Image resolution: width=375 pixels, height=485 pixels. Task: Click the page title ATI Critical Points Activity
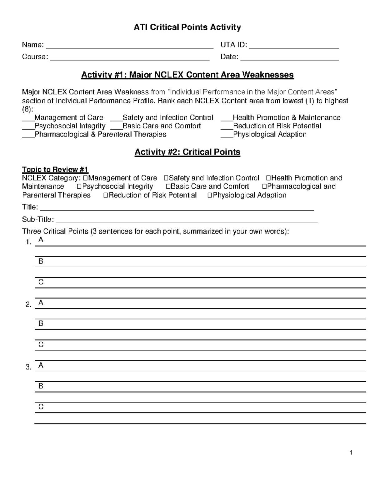[x=187, y=27]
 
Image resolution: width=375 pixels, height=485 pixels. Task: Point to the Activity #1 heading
[x=187, y=75]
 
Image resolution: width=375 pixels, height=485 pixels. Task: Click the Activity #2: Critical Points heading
[x=187, y=152]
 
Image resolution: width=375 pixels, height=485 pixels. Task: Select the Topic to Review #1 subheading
[x=55, y=170]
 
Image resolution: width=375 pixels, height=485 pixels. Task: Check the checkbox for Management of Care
[x=86, y=178]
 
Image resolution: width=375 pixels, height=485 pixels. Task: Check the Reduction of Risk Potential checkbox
[x=105, y=195]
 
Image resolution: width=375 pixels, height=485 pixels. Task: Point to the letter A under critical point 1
[x=41, y=240]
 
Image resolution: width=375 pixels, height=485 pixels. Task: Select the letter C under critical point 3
[x=41, y=407]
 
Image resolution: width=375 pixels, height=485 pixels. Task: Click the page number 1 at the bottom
[x=351, y=453]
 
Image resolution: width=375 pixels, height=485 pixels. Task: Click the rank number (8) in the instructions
[x=27, y=109]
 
